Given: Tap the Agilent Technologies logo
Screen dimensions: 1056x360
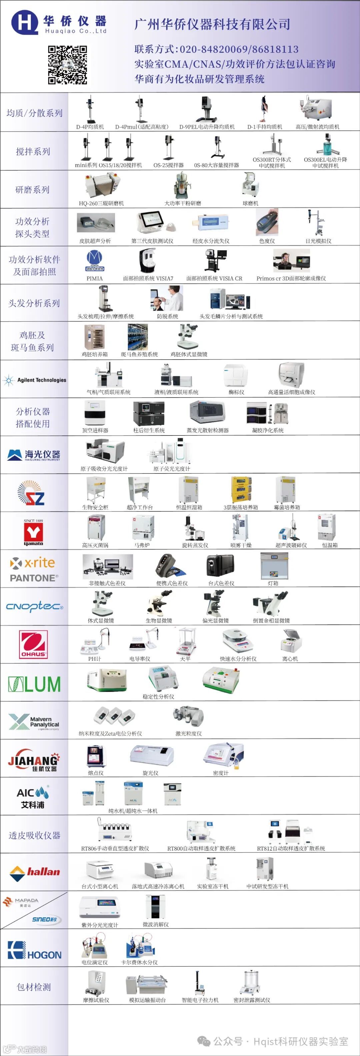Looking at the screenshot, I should (x=35, y=380).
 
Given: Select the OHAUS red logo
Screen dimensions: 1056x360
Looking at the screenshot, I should (x=33, y=644).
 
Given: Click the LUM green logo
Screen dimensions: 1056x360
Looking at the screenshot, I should (x=34, y=684).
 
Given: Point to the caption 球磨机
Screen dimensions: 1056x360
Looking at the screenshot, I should (x=250, y=203).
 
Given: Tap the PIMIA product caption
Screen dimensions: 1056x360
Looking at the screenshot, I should (x=94, y=278).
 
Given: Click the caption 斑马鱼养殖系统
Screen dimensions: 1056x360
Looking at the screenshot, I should (x=139, y=354).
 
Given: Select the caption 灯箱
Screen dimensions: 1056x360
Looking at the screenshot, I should (x=273, y=583).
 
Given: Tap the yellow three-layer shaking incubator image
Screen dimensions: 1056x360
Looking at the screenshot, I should (x=241, y=489).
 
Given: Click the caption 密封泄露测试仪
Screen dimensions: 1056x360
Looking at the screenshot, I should (x=252, y=1000).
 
